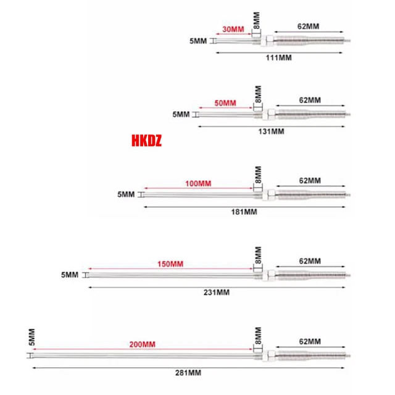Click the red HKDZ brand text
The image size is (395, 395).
(146, 141)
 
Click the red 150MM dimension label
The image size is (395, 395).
(170, 264)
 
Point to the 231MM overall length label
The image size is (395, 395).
(215, 292)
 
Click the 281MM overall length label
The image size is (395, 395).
(188, 372)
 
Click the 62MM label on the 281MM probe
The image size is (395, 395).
(309, 341)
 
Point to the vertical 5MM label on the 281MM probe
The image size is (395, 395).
(31, 338)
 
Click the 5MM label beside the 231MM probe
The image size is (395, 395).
(69, 274)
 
